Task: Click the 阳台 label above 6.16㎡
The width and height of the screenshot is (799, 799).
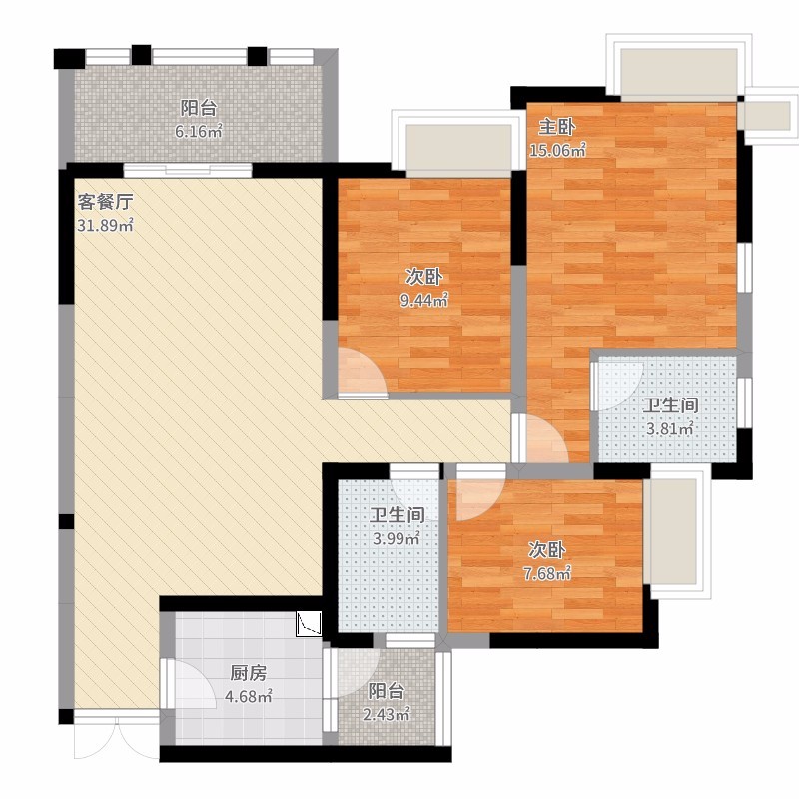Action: click(199, 108)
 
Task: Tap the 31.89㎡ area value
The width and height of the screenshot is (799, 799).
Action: click(105, 225)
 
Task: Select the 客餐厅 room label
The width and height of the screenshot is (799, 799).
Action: click(105, 202)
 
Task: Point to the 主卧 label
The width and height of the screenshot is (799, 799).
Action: click(557, 127)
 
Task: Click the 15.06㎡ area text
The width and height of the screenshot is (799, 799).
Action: click(557, 150)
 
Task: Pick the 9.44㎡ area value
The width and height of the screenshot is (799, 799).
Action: click(423, 301)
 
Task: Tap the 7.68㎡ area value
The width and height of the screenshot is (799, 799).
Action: click(546, 573)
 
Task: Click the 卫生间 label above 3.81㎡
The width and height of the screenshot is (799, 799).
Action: click(670, 405)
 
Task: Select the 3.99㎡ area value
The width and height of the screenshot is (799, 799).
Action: click(396, 538)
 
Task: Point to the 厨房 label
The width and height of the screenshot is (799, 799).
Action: click(248, 673)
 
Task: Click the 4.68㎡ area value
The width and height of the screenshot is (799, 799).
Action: click(248, 696)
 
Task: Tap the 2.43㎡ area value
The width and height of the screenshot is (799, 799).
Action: click(386, 714)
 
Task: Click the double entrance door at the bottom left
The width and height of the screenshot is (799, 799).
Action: click(117, 736)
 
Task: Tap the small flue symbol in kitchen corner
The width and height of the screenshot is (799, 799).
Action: click(309, 623)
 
